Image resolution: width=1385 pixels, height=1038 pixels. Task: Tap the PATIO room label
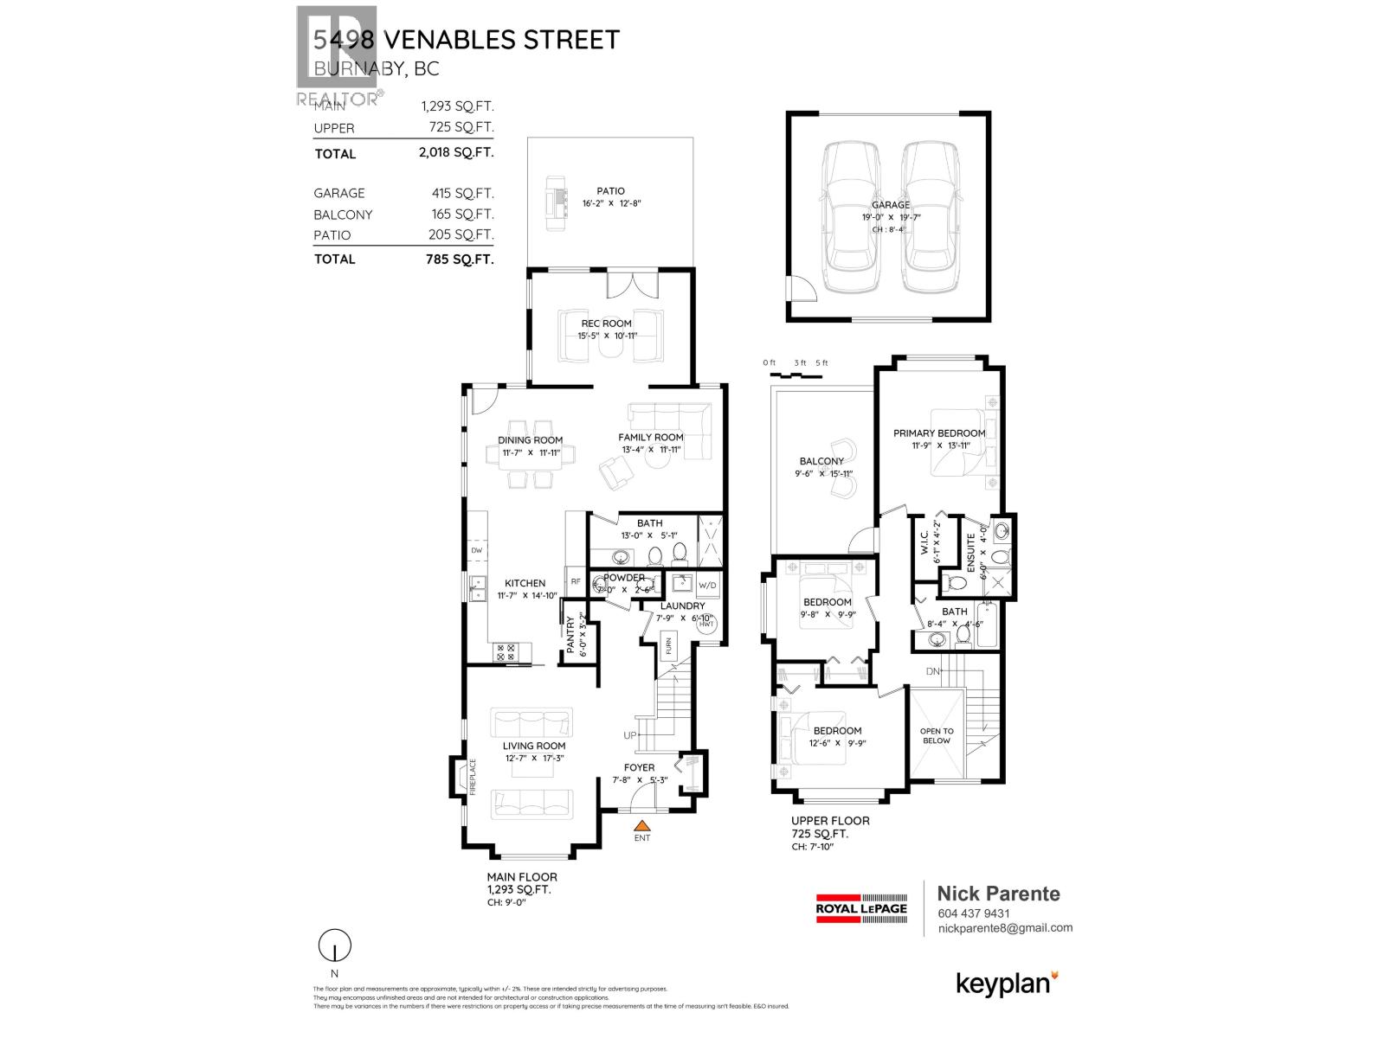[x=610, y=191]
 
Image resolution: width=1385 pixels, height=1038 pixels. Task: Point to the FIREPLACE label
[x=473, y=776]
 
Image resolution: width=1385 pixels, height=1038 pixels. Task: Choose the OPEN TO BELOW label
[x=937, y=735]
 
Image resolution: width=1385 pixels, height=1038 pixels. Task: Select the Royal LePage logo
[x=862, y=908]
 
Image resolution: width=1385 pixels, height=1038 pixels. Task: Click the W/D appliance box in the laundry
[x=707, y=585]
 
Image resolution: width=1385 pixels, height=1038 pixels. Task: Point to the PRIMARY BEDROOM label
[x=939, y=432]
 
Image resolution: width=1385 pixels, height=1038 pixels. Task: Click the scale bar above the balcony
[x=794, y=375]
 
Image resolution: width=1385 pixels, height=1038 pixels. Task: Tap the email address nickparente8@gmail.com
[x=1005, y=927]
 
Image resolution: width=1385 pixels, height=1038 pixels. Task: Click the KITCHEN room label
[x=525, y=583]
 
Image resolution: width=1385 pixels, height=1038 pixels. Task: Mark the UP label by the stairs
[x=630, y=735]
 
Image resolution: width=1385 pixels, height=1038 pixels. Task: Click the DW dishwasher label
[x=476, y=550]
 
